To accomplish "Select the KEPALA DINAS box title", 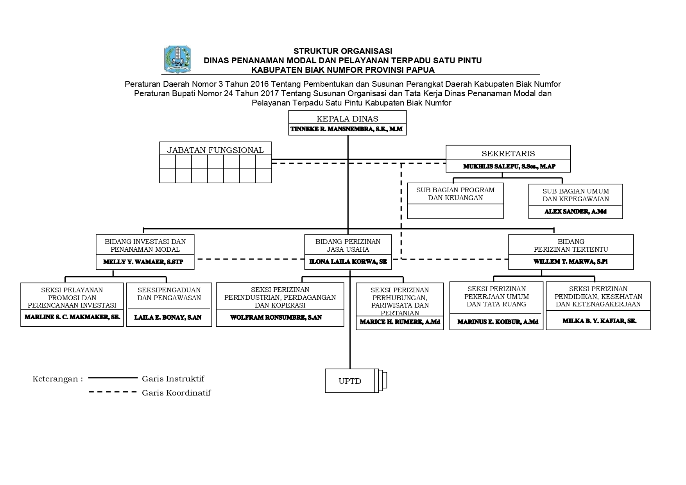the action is click(x=347, y=119).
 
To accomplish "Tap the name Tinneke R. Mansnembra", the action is click(x=347, y=129).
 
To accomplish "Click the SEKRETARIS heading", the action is click(x=508, y=154).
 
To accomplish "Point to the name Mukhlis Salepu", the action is click(x=509, y=166).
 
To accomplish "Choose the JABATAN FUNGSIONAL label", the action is click(x=215, y=150).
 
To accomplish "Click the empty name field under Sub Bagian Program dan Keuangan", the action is click(x=455, y=211).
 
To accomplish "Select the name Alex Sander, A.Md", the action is click(x=575, y=211).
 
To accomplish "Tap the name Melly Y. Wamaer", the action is click(x=143, y=262).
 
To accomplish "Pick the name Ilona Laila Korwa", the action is click(x=348, y=261).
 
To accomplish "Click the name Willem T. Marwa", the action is click(x=571, y=262).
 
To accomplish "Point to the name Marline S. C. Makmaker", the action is click(x=72, y=317).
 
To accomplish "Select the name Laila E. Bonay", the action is click(x=168, y=317).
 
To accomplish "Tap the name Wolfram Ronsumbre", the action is click(x=276, y=317).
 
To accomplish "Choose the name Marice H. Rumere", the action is click(x=400, y=322).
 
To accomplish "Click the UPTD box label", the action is click(x=350, y=381).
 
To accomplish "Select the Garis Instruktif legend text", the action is click(x=173, y=379).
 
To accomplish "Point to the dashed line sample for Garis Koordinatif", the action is click(x=113, y=392).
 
